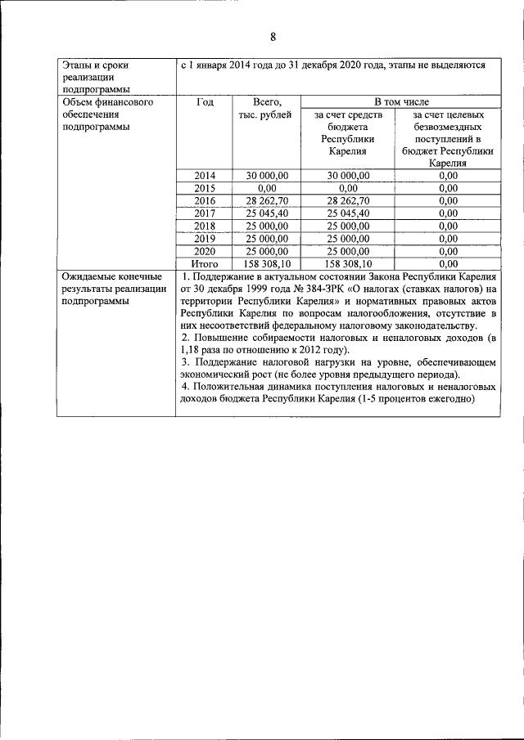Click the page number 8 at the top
(x=273, y=37)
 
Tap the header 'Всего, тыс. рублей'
(x=267, y=109)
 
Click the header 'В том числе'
(x=401, y=102)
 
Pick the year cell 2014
(x=205, y=175)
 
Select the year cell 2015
(x=205, y=187)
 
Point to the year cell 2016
(x=205, y=200)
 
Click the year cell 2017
(x=205, y=213)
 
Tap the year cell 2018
(x=205, y=226)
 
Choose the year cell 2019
(x=205, y=238)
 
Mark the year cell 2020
(x=205, y=251)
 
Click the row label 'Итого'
(x=205, y=263)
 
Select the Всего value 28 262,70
(x=267, y=200)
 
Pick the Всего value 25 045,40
(x=267, y=213)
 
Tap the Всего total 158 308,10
(x=267, y=263)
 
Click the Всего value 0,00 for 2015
(x=267, y=187)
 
